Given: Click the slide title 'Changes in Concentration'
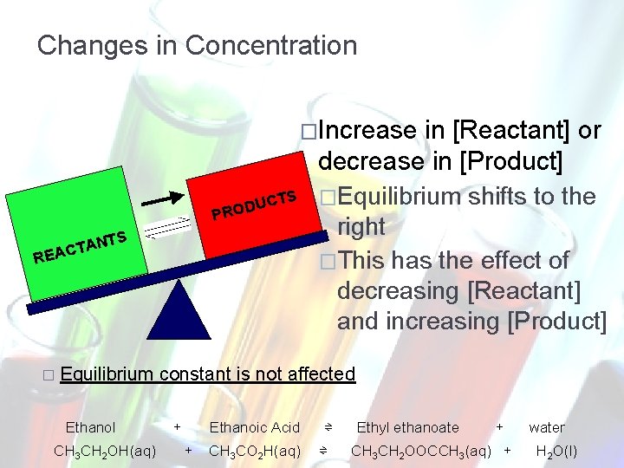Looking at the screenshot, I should click(x=197, y=45).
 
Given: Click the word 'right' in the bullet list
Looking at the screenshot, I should click(x=361, y=227).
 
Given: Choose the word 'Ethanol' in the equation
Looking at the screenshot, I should click(x=90, y=427).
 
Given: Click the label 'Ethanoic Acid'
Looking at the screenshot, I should click(x=254, y=427).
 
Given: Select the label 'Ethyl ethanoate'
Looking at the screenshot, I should click(x=407, y=427).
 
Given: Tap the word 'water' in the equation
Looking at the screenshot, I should click(x=546, y=427).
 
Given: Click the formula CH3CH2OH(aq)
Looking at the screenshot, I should click(x=105, y=451).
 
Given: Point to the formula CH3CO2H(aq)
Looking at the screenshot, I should click(x=255, y=451).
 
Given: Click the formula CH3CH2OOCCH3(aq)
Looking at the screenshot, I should click(x=421, y=451).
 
